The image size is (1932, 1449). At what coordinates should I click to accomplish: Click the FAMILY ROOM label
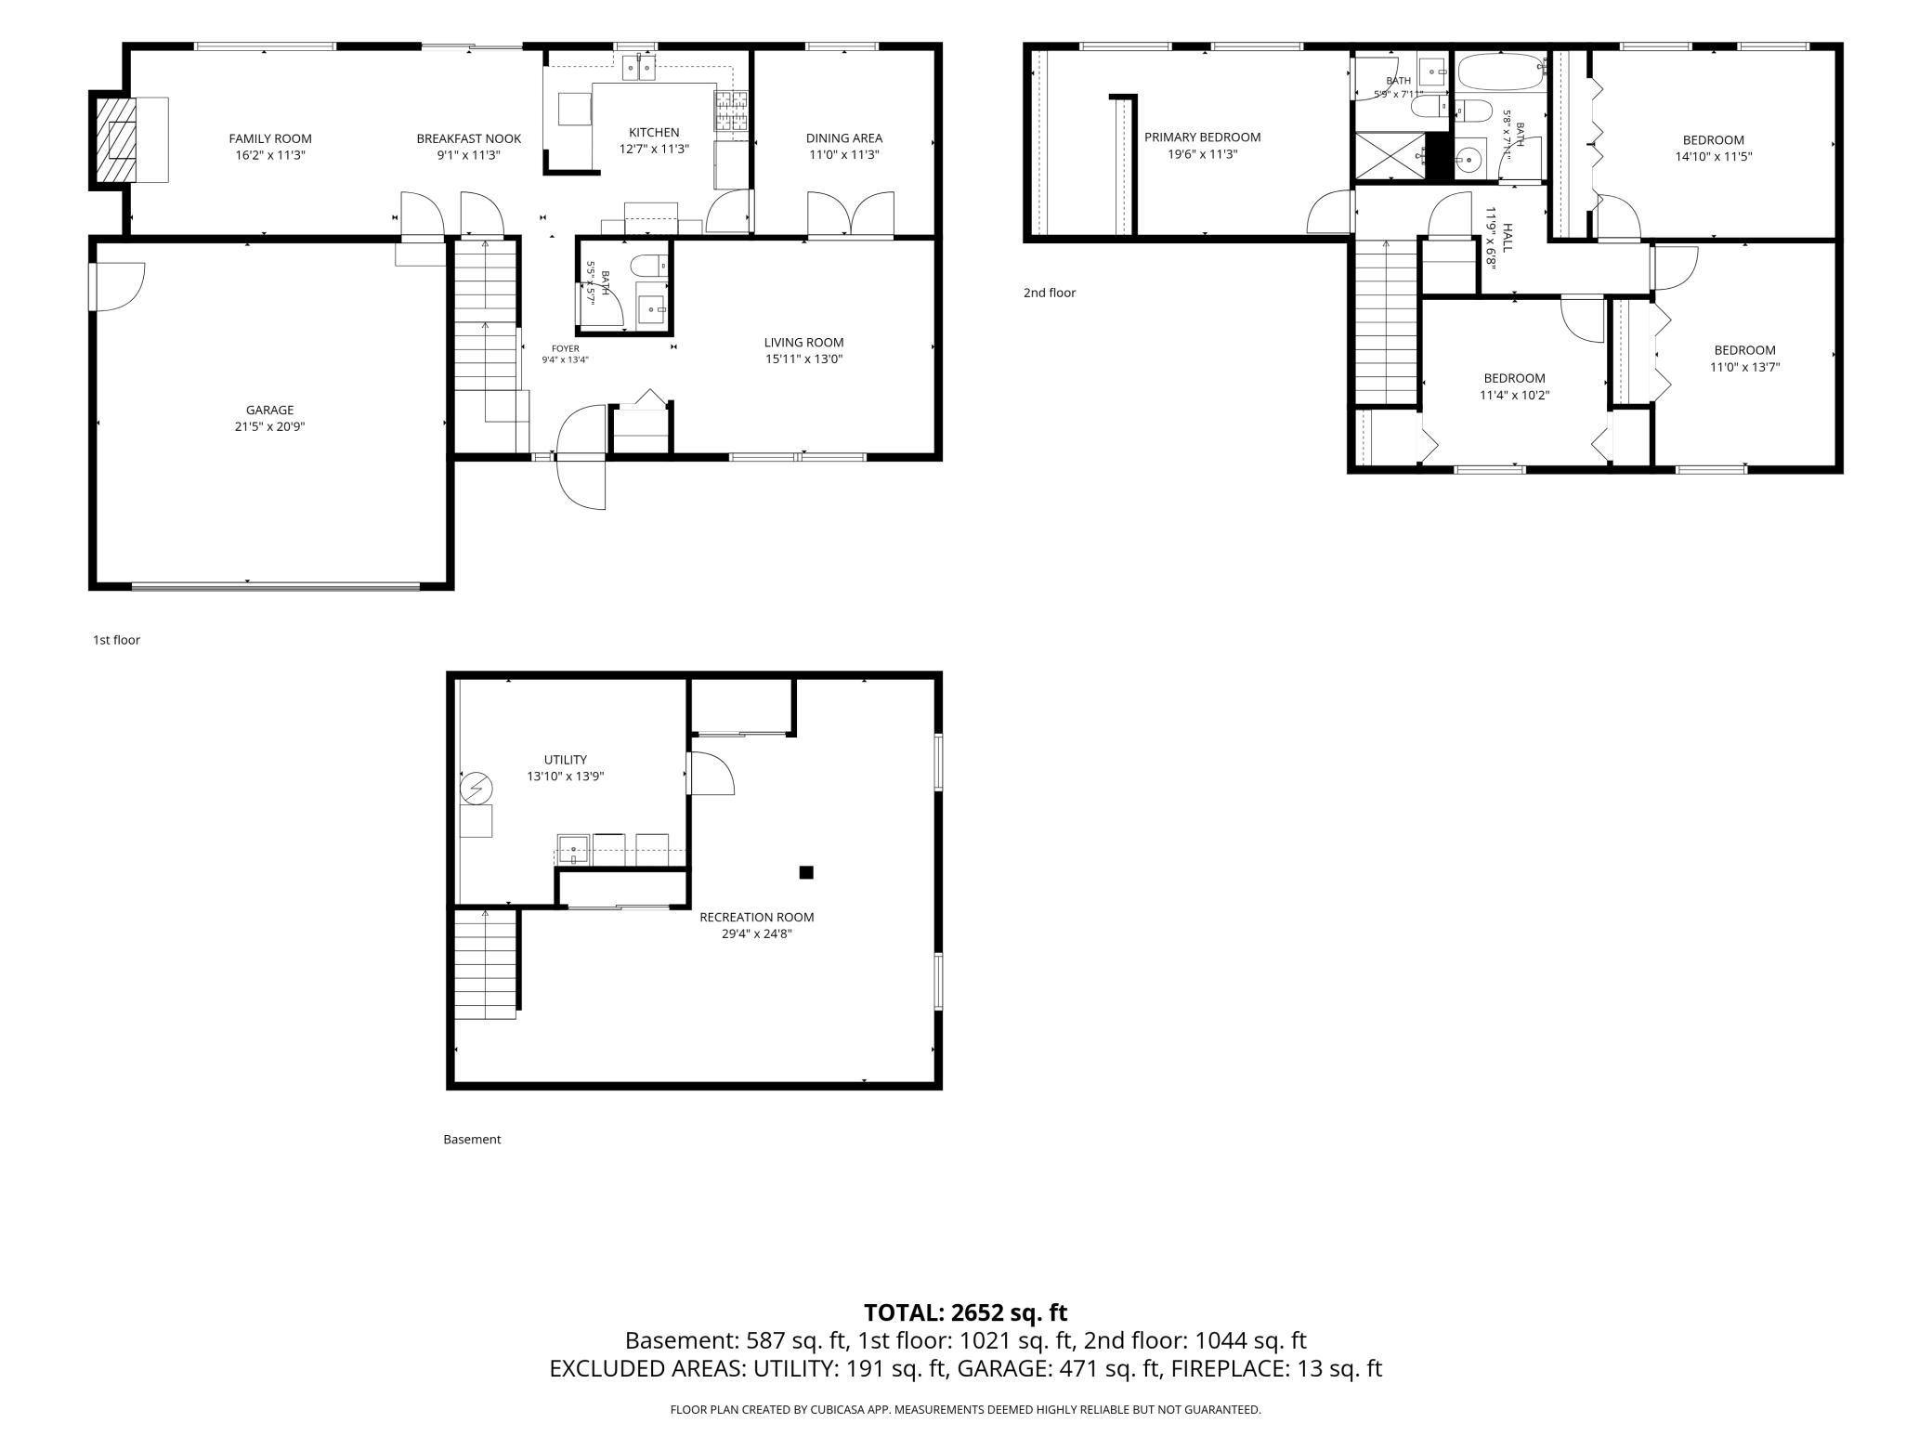click(270, 139)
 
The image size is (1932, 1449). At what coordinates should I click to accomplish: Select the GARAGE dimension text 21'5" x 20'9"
click(269, 426)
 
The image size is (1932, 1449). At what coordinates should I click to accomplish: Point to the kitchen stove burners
click(730, 111)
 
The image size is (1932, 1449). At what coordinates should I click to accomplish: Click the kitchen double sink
click(640, 67)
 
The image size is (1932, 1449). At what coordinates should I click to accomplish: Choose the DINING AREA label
click(843, 138)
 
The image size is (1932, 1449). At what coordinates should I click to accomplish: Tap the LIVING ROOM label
click(803, 342)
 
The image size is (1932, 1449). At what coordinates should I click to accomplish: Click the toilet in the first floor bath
click(648, 266)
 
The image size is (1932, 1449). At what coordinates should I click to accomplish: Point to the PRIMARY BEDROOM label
click(1202, 137)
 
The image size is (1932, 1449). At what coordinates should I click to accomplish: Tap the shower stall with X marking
click(1390, 155)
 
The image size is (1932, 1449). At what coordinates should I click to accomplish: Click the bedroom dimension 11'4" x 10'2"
click(1514, 395)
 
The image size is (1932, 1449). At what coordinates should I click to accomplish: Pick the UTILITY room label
click(565, 760)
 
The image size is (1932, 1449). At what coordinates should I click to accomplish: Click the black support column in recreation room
click(806, 872)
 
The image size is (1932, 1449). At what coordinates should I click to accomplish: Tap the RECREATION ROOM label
click(756, 917)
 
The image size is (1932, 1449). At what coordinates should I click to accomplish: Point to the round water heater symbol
click(476, 790)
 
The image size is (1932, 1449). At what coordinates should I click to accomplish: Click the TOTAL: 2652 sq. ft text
click(965, 1312)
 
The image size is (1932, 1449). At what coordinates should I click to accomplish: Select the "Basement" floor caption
click(472, 1139)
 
